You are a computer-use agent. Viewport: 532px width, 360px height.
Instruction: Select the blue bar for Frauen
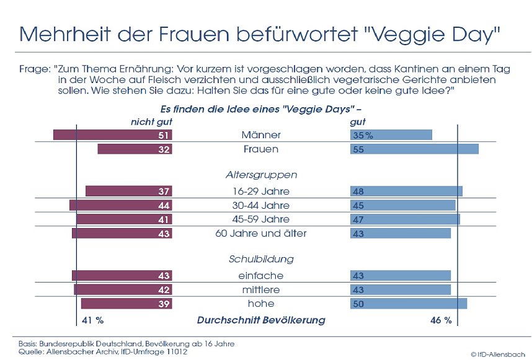click(x=415, y=149)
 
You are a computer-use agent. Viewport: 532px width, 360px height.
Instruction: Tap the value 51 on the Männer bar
click(x=164, y=135)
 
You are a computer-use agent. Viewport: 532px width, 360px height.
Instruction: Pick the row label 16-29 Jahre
click(x=260, y=191)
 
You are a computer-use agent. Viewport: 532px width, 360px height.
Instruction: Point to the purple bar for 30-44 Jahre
click(x=120, y=205)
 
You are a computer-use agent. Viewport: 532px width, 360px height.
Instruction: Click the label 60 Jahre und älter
click(x=260, y=234)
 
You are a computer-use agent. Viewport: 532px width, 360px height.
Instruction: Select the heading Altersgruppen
click(x=260, y=175)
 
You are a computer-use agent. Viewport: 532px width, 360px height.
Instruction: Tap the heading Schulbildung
click(x=260, y=259)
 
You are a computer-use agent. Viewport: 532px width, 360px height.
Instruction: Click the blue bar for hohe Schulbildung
click(x=409, y=304)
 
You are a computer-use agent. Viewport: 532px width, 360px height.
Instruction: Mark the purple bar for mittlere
click(x=123, y=289)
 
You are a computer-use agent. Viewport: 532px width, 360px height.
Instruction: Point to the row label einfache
click(x=260, y=276)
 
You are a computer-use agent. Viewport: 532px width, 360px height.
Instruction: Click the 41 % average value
click(x=93, y=320)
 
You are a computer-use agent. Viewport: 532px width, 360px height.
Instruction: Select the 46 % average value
click(x=441, y=320)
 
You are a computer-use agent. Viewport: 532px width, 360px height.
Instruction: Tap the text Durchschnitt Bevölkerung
click(x=260, y=320)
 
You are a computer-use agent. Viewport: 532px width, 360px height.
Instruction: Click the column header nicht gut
click(x=151, y=123)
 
